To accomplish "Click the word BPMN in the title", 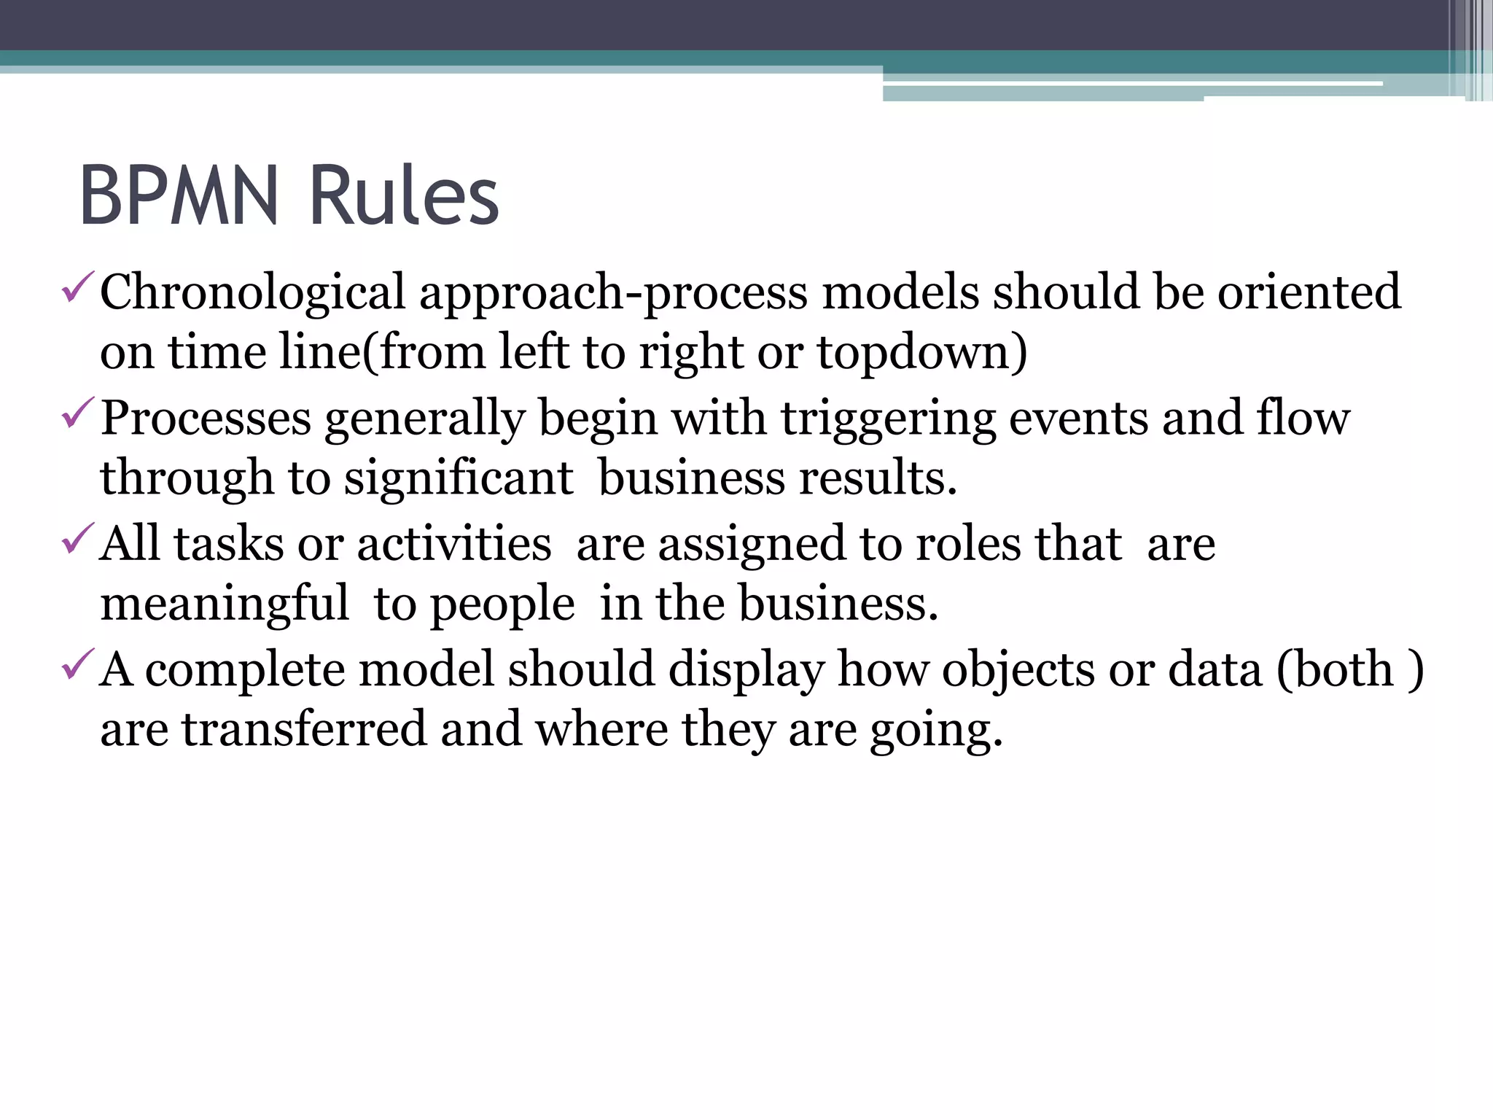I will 179,195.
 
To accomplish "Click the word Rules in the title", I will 404,195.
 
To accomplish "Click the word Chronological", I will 252,292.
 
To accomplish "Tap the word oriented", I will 1309,292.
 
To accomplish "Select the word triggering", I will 888,420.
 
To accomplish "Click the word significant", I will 459,478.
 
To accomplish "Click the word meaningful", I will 225,605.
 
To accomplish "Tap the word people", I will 503,605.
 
